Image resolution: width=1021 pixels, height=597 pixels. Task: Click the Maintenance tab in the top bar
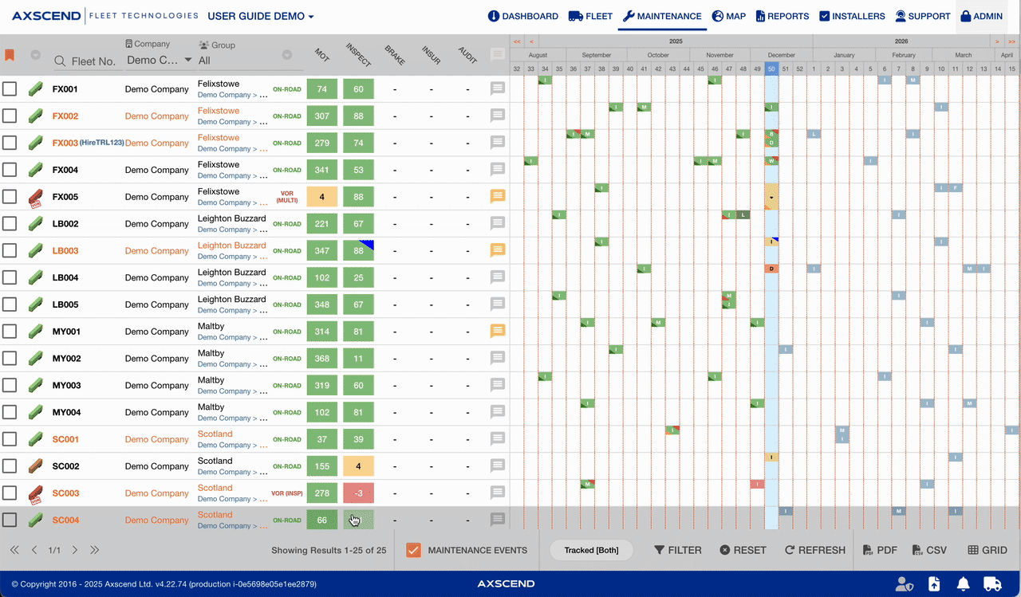(x=662, y=16)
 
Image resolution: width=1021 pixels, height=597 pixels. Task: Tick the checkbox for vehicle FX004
(x=10, y=170)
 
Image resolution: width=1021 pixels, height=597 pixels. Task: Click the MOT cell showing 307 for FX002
(x=322, y=116)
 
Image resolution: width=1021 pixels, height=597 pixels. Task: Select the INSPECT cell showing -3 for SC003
(x=358, y=493)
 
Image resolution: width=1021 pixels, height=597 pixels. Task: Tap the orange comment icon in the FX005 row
(x=498, y=195)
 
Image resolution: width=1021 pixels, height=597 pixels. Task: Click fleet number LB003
(x=65, y=251)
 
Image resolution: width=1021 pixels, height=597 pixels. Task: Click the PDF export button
(x=881, y=550)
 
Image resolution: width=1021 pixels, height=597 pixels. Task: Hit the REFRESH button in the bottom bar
(x=814, y=550)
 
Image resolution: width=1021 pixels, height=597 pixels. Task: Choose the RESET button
(x=743, y=550)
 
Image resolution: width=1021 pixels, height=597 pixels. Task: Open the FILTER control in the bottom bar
(x=678, y=550)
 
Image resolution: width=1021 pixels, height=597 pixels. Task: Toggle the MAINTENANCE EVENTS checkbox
(x=413, y=550)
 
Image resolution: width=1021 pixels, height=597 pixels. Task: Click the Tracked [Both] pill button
(x=590, y=550)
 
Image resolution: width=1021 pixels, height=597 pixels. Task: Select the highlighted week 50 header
(x=771, y=69)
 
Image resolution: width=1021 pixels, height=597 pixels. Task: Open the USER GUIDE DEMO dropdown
(x=261, y=16)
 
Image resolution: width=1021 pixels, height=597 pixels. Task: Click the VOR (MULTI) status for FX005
(x=287, y=197)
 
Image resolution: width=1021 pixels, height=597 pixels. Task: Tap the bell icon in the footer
(x=964, y=584)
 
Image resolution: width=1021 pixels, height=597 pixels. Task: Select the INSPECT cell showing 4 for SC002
(x=358, y=466)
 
